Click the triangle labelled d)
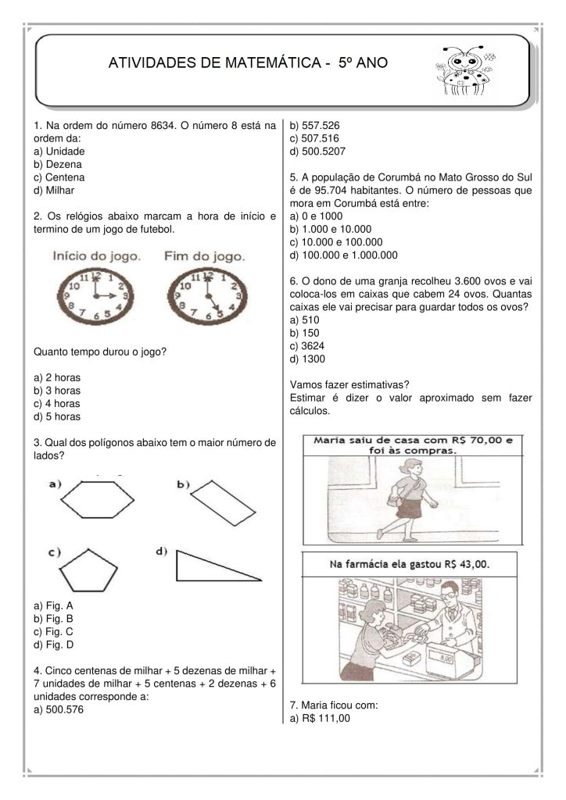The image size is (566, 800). (x=214, y=566)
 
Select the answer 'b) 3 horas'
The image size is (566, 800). (x=58, y=391)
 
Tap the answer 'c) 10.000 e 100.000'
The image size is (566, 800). (x=341, y=241)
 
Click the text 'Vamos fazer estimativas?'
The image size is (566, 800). (x=349, y=384)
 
